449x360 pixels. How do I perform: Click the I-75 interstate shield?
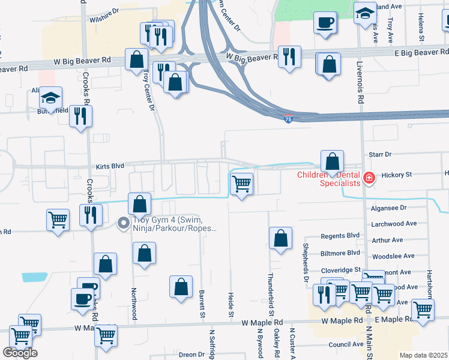click(289, 119)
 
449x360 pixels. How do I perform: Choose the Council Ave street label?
click(346, 344)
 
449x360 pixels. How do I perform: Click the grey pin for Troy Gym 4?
click(124, 224)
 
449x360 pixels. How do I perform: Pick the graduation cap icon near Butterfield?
click(51, 97)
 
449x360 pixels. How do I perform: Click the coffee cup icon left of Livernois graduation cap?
click(325, 23)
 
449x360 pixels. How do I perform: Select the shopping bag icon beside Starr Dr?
click(332, 161)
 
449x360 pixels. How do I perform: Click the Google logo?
click(20, 353)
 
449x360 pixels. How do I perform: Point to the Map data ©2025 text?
click(423, 355)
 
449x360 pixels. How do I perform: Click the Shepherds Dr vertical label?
click(306, 254)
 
